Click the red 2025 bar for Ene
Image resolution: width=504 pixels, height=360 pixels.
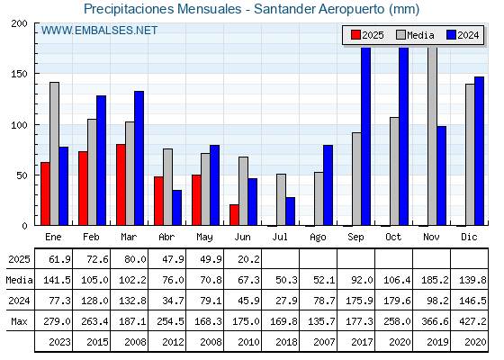tap(45, 193)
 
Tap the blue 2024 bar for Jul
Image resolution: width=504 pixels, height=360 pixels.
tap(290, 211)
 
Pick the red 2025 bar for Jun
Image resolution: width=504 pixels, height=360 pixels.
tap(234, 215)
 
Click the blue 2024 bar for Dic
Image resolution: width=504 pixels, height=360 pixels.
tap(479, 151)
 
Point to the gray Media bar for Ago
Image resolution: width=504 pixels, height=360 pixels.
tap(319, 199)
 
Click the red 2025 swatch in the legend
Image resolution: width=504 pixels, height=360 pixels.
tap(355, 35)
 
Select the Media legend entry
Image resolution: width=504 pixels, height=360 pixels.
tap(415, 35)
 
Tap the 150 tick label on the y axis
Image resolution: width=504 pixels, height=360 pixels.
tap(19, 74)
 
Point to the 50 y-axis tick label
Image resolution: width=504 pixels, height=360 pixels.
tap(22, 175)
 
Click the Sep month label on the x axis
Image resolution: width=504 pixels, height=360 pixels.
tap(355, 238)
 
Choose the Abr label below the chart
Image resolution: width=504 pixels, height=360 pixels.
tap(166, 237)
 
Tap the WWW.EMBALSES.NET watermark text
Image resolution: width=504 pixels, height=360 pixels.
tap(99, 31)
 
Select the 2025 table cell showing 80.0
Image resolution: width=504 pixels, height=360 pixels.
tap(135, 259)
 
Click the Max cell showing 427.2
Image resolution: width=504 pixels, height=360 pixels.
tap(475, 321)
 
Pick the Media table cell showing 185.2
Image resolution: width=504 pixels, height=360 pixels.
tap(435, 280)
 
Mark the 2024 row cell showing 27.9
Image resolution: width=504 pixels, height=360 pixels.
tap(286, 301)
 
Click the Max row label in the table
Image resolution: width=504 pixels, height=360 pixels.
tap(19, 321)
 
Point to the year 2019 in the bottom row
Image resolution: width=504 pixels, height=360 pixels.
tap(437, 342)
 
